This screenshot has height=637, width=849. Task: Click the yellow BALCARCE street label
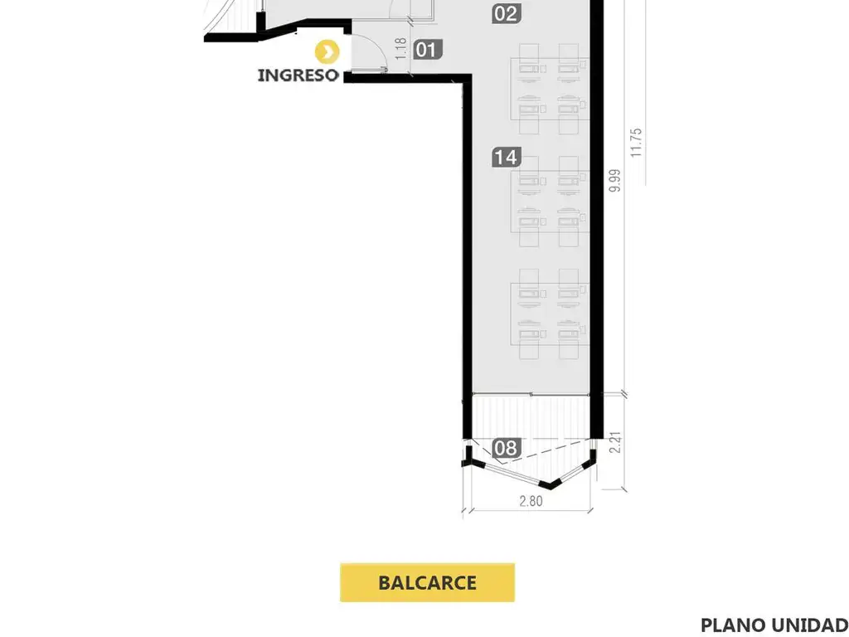pyautogui.click(x=427, y=582)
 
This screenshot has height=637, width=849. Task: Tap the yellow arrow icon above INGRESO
pyautogui.click(x=329, y=52)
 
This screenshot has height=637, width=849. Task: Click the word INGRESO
pyautogui.click(x=298, y=75)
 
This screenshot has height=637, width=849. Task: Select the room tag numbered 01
pyautogui.click(x=425, y=50)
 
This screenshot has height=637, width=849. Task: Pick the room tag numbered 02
pyautogui.click(x=505, y=13)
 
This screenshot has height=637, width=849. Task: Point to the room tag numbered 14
pyautogui.click(x=505, y=157)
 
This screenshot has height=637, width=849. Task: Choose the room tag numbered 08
pyautogui.click(x=505, y=449)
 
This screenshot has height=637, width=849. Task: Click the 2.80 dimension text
pyautogui.click(x=531, y=501)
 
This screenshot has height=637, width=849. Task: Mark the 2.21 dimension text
pyautogui.click(x=614, y=440)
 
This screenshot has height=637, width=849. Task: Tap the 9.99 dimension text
pyautogui.click(x=614, y=180)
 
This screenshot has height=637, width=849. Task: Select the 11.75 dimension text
pyautogui.click(x=636, y=143)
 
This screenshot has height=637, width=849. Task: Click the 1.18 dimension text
pyautogui.click(x=401, y=49)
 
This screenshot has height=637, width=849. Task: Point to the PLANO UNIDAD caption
pyautogui.click(x=774, y=625)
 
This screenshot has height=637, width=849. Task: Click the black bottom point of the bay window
pyautogui.click(x=548, y=484)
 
